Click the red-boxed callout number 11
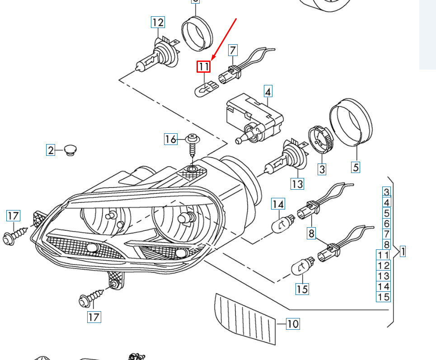204,67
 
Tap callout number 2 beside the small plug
51,150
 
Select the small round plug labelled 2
70,150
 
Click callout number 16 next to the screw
170,139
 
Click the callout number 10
293,323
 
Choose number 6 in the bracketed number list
386,223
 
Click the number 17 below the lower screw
94,317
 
